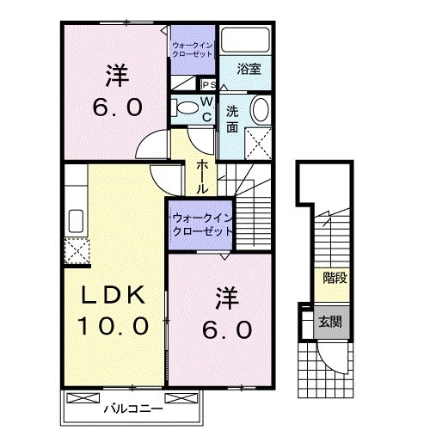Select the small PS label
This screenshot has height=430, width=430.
click(x=208, y=84)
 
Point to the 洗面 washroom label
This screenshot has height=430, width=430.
click(x=233, y=118)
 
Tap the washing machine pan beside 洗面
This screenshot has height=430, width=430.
click(x=258, y=141)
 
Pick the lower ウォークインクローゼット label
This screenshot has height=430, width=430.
click(x=202, y=225)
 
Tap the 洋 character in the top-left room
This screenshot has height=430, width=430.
click(x=116, y=76)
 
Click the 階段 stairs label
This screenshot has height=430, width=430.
click(x=334, y=278)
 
